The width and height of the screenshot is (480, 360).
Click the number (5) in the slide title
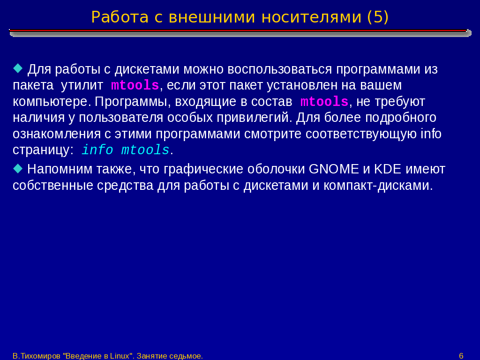(377, 17)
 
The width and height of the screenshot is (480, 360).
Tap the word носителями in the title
(311, 17)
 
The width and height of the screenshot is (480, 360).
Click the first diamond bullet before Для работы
(18, 68)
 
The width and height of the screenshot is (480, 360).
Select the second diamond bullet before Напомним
(18, 168)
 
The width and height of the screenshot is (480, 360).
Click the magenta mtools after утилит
(135, 85)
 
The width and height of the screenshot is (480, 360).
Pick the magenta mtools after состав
(324, 102)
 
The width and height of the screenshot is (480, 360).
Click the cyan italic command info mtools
(126, 150)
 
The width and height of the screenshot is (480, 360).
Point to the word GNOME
(334, 169)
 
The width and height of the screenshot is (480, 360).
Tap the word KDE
(388, 169)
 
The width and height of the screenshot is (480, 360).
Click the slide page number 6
(461, 356)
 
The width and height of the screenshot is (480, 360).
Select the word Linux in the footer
(120, 356)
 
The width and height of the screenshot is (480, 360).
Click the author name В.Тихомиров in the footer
(37, 356)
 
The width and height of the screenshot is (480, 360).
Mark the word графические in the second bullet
(203, 169)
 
